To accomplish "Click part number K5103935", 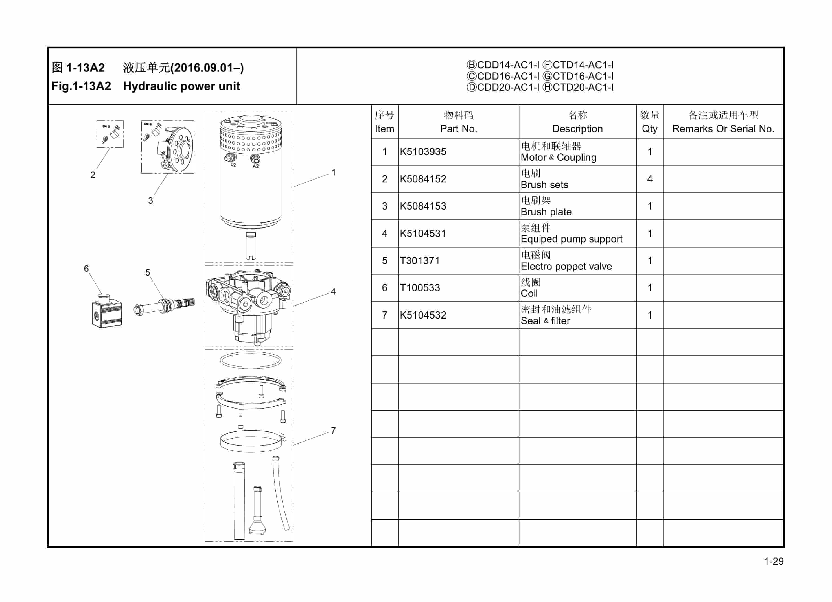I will [423, 152].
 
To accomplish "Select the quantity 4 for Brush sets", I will [650, 179].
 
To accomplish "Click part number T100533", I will [420, 288].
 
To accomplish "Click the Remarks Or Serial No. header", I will [723, 128].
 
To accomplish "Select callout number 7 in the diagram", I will [333, 431].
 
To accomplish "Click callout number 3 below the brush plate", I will [150, 200].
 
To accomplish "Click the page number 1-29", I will [773, 561].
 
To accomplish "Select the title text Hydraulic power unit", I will [181, 86].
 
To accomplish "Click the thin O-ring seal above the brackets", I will [251, 361].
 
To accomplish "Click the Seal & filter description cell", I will [546, 320].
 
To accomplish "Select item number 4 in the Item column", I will [384, 234].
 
